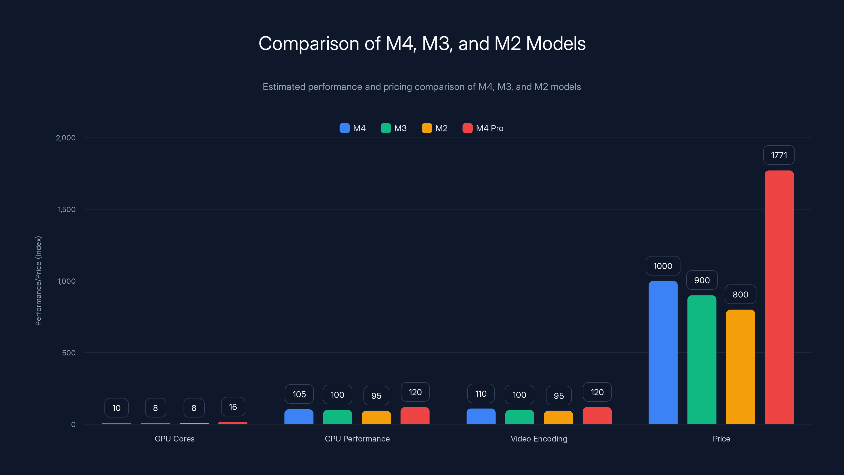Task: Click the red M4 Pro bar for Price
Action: click(x=779, y=297)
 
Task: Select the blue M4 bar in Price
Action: click(x=663, y=352)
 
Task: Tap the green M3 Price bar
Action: click(x=702, y=360)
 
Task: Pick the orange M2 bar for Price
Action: click(x=740, y=367)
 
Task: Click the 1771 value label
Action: click(x=779, y=155)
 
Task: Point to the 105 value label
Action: click(x=299, y=394)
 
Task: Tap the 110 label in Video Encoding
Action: click(x=481, y=394)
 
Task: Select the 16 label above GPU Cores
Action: click(x=233, y=407)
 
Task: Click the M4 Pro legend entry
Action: click(x=483, y=128)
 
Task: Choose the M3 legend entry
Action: click(x=394, y=128)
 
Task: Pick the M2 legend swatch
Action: click(x=426, y=128)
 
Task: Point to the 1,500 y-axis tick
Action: click(x=66, y=210)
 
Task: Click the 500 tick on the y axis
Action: click(x=69, y=353)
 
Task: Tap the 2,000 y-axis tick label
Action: click(x=65, y=138)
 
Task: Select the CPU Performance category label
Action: click(x=357, y=439)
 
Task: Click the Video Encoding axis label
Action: click(x=539, y=439)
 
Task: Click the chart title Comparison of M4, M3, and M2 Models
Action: click(x=422, y=43)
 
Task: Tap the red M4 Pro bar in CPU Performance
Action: click(x=415, y=416)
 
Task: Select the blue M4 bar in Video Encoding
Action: click(x=481, y=416)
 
